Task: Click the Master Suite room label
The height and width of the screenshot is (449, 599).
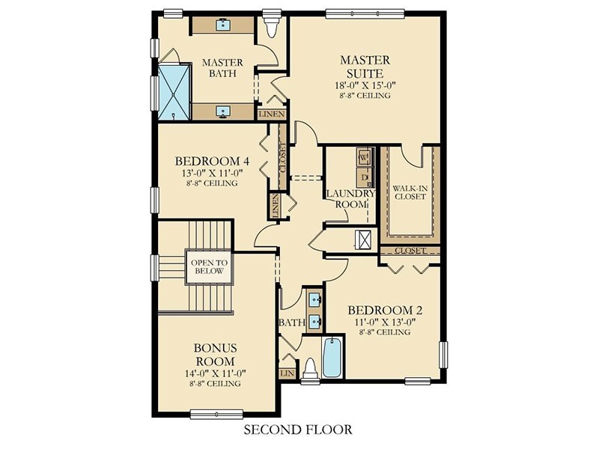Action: [x=365, y=67]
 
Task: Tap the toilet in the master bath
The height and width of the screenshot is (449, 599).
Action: [x=272, y=25]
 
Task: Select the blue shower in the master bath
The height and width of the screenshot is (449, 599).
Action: [x=174, y=92]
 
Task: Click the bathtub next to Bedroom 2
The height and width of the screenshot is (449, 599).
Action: [x=332, y=357]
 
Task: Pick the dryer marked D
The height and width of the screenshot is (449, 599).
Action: [x=364, y=177]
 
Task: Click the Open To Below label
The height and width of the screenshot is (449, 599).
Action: [x=209, y=267]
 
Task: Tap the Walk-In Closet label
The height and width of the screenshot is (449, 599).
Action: [x=410, y=192]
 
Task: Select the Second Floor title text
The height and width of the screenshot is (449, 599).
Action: [x=298, y=430]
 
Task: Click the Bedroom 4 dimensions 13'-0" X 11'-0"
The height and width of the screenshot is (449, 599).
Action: [x=213, y=173]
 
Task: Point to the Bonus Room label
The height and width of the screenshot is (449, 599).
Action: [x=215, y=354]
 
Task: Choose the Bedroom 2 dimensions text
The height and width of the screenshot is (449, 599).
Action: [x=385, y=322]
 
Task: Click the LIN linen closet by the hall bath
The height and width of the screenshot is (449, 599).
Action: [x=288, y=373]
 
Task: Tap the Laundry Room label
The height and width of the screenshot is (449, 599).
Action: [x=350, y=199]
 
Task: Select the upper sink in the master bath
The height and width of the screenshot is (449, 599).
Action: [x=222, y=25]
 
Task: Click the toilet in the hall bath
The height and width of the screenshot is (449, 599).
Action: [x=310, y=369]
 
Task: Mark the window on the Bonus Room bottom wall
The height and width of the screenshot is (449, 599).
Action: [x=216, y=415]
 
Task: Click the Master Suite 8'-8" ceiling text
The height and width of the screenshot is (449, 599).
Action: [x=365, y=96]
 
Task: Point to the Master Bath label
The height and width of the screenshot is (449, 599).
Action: [x=222, y=68]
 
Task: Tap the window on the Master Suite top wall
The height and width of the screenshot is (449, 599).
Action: [x=365, y=13]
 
